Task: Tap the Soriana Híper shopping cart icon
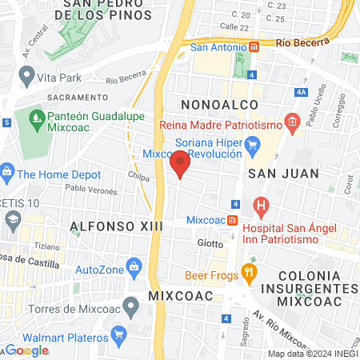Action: coord(255,144)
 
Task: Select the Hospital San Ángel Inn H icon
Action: coord(261,206)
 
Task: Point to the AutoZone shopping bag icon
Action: coord(134,266)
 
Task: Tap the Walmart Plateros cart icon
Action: coord(118,333)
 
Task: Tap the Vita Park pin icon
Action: coord(26,76)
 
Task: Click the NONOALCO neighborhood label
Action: coord(219,105)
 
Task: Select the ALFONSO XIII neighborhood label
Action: coord(116,226)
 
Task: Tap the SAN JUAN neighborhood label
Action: coord(283,173)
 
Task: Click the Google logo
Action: coord(27,350)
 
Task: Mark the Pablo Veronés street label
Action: coord(91,190)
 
